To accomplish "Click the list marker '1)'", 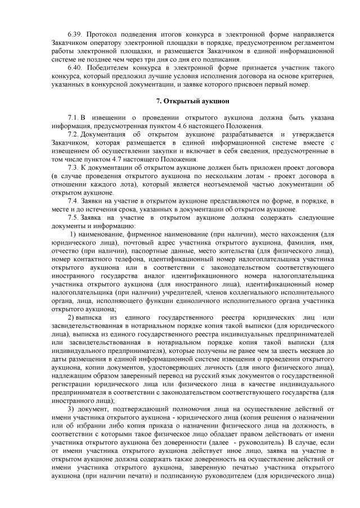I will coord(73,234).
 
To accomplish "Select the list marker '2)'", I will coord(71,317).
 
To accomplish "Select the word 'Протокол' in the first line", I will coord(105,35).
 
